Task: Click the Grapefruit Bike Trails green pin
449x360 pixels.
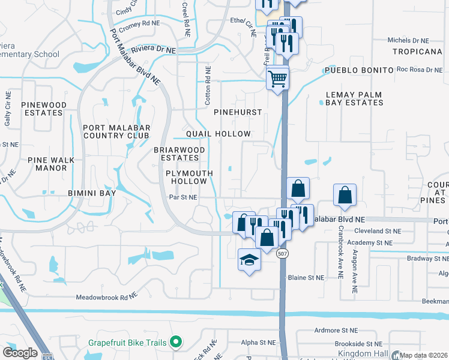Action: (x=176, y=343)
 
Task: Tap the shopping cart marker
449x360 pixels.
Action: (x=277, y=78)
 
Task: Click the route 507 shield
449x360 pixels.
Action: (x=282, y=254)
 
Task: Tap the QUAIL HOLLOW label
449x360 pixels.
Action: (x=218, y=133)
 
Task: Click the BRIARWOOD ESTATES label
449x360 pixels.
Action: (x=179, y=154)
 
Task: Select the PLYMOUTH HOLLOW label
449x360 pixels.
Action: (x=189, y=177)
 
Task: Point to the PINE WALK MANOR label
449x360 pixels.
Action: (x=47, y=164)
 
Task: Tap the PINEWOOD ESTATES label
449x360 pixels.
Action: (x=44, y=109)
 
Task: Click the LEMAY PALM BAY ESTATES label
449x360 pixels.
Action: (x=354, y=98)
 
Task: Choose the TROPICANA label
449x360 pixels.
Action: (x=417, y=52)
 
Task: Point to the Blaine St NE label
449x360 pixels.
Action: (x=306, y=278)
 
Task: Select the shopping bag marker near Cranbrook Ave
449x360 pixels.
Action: (x=345, y=196)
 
